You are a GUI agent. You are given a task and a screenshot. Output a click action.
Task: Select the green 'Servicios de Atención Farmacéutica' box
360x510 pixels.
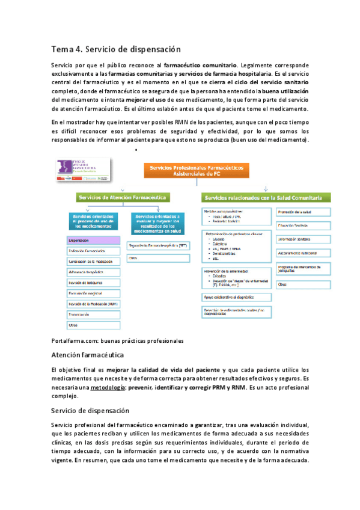click(x=123, y=197)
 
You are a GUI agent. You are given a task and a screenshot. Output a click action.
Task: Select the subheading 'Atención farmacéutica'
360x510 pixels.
click(x=88, y=355)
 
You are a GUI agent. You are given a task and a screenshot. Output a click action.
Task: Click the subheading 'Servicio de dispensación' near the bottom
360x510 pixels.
click(x=91, y=411)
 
